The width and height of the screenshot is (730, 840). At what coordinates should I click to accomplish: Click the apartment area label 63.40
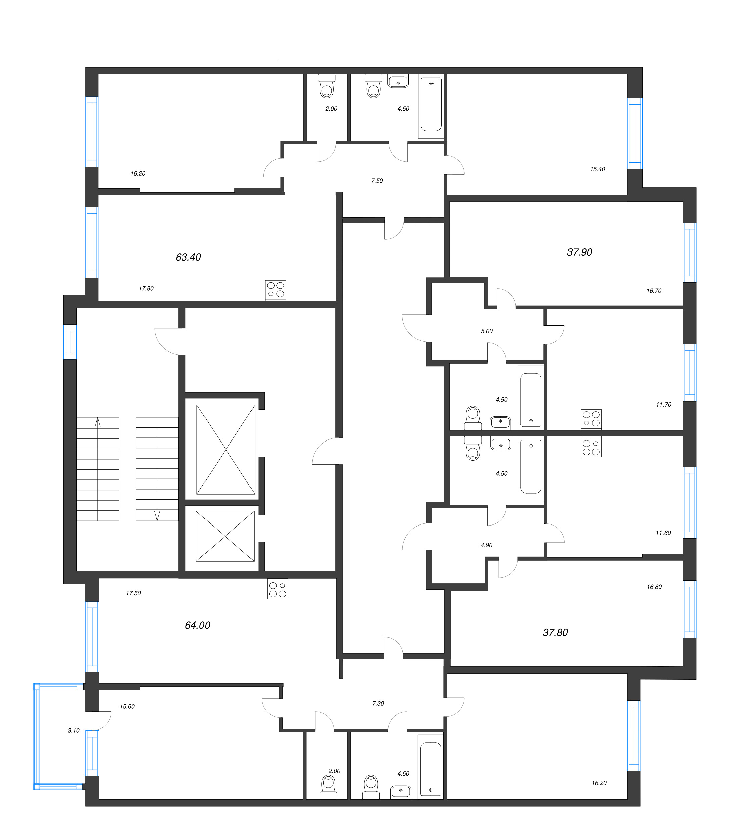[188, 257]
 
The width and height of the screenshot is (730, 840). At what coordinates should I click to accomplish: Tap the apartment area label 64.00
[197, 625]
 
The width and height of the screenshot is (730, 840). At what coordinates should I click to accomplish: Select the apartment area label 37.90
[579, 252]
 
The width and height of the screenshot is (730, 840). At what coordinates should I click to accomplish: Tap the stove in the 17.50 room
[277, 589]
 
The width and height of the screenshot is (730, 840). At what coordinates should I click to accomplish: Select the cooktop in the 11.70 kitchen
[591, 419]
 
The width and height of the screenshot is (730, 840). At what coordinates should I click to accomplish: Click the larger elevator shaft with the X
[226, 450]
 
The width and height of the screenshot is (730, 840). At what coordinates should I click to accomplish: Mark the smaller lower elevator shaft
[225, 536]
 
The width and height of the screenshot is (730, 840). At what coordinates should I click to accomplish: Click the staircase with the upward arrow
[98, 469]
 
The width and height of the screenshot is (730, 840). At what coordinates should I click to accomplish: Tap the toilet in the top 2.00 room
[327, 86]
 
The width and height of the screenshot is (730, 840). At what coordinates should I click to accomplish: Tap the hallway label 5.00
[487, 331]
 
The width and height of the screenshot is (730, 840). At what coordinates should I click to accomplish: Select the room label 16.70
[654, 291]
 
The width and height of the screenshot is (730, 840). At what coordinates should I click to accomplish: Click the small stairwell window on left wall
[70, 341]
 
